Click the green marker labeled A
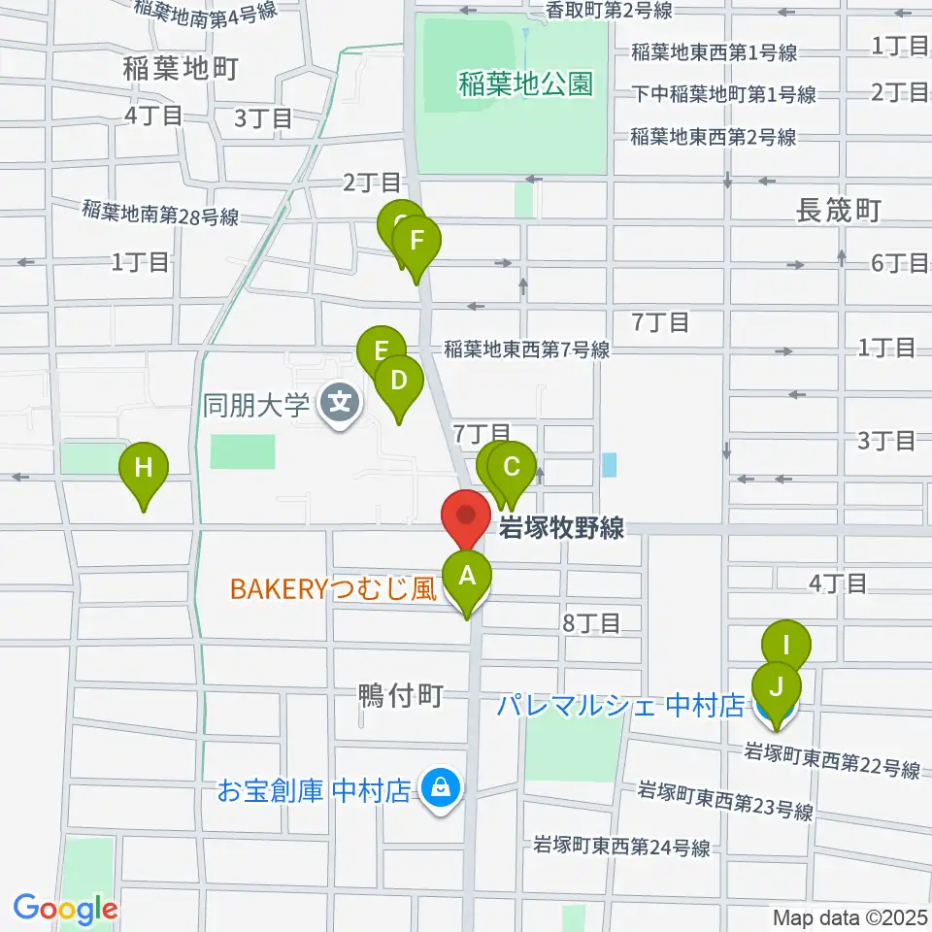pyautogui.click(x=467, y=578)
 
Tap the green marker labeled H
pyautogui.click(x=144, y=469)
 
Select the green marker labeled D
pyautogui.click(x=398, y=381)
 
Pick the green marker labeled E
pyautogui.click(x=381, y=350)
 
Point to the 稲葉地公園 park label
pyautogui.click(x=524, y=85)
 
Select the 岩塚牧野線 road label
pyautogui.click(x=560, y=529)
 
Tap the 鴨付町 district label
pyautogui.click(x=401, y=695)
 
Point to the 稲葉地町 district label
pyautogui.click(x=182, y=68)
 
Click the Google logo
pyautogui.click(x=65, y=910)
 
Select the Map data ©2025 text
pyautogui.click(x=849, y=916)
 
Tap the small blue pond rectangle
pyautogui.click(x=609, y=465)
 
